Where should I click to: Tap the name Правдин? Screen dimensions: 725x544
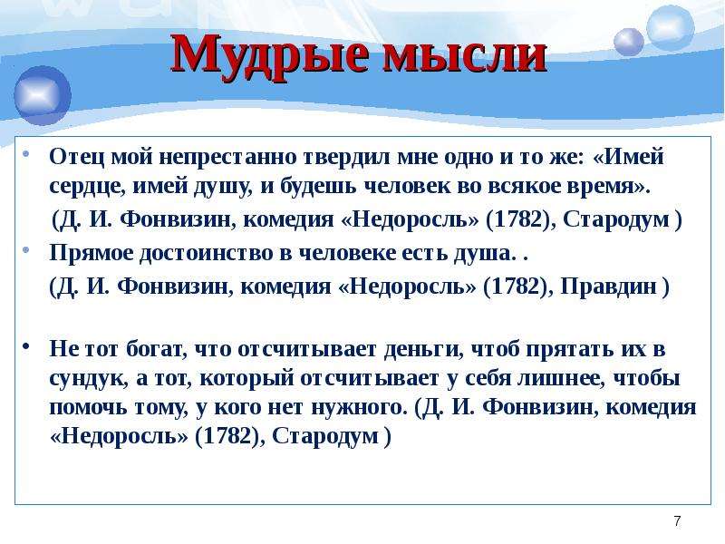coord(608,287)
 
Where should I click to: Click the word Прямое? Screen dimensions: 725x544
coord(92,254)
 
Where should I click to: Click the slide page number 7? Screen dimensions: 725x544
coord(677,521)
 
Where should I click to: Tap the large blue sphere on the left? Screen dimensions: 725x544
coord(43,95)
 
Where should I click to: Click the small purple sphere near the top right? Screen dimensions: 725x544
coord(629,42)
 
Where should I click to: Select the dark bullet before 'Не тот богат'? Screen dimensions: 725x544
coord(27,345)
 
